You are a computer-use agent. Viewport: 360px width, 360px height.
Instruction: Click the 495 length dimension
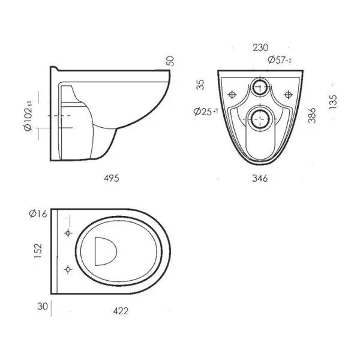tap(112, 178)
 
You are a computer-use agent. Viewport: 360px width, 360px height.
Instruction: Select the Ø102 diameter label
tap(28, 116)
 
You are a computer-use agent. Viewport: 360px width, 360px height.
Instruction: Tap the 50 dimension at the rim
tap(170, 61)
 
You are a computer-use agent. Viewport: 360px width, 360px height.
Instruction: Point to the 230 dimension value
tap(260, 48)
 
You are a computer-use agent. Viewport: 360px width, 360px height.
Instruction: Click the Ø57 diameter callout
tap(280, 60)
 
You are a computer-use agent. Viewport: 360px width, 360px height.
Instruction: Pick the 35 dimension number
tap(200, 85)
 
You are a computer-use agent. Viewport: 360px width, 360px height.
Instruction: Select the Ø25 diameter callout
tap(205, 112)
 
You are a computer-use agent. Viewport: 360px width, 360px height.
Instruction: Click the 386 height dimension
tap(312, 115)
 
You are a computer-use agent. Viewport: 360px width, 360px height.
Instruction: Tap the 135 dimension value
tap(333, 102)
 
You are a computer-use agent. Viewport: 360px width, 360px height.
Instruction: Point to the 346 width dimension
tap(260, 178)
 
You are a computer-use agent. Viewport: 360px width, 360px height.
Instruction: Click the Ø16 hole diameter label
tap(38, 214)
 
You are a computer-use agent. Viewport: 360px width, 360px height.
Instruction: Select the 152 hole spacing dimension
tap(38, 250)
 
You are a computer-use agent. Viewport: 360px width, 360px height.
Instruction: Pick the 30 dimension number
tap(43, 306)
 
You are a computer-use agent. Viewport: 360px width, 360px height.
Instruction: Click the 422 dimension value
tap(121, 311)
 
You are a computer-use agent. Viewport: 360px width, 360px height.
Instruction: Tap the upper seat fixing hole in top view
tap(68, 233)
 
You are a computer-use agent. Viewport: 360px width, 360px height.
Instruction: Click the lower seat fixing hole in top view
tap(68, 269)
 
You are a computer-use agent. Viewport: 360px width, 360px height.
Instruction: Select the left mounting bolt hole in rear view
tap(232, 94)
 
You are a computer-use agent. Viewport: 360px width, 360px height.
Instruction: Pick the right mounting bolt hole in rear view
tap(288, 94)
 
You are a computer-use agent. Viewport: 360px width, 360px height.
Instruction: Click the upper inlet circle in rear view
tap(260, 87)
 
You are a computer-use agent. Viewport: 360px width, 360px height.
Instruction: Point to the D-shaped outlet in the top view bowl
tap(105, 251)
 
